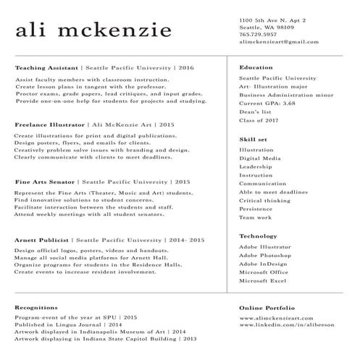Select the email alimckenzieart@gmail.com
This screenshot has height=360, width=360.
(278, 42)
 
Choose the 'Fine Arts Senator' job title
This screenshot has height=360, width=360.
(44, 182)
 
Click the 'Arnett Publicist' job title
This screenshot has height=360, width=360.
(42, 239)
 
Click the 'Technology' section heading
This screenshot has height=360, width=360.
(258, 236)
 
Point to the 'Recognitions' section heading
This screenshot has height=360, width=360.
(36, 308)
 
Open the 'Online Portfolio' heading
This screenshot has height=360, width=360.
(267, 308)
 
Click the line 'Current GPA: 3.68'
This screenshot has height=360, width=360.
(267, 104)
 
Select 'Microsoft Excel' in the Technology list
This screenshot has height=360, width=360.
(264, 280)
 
